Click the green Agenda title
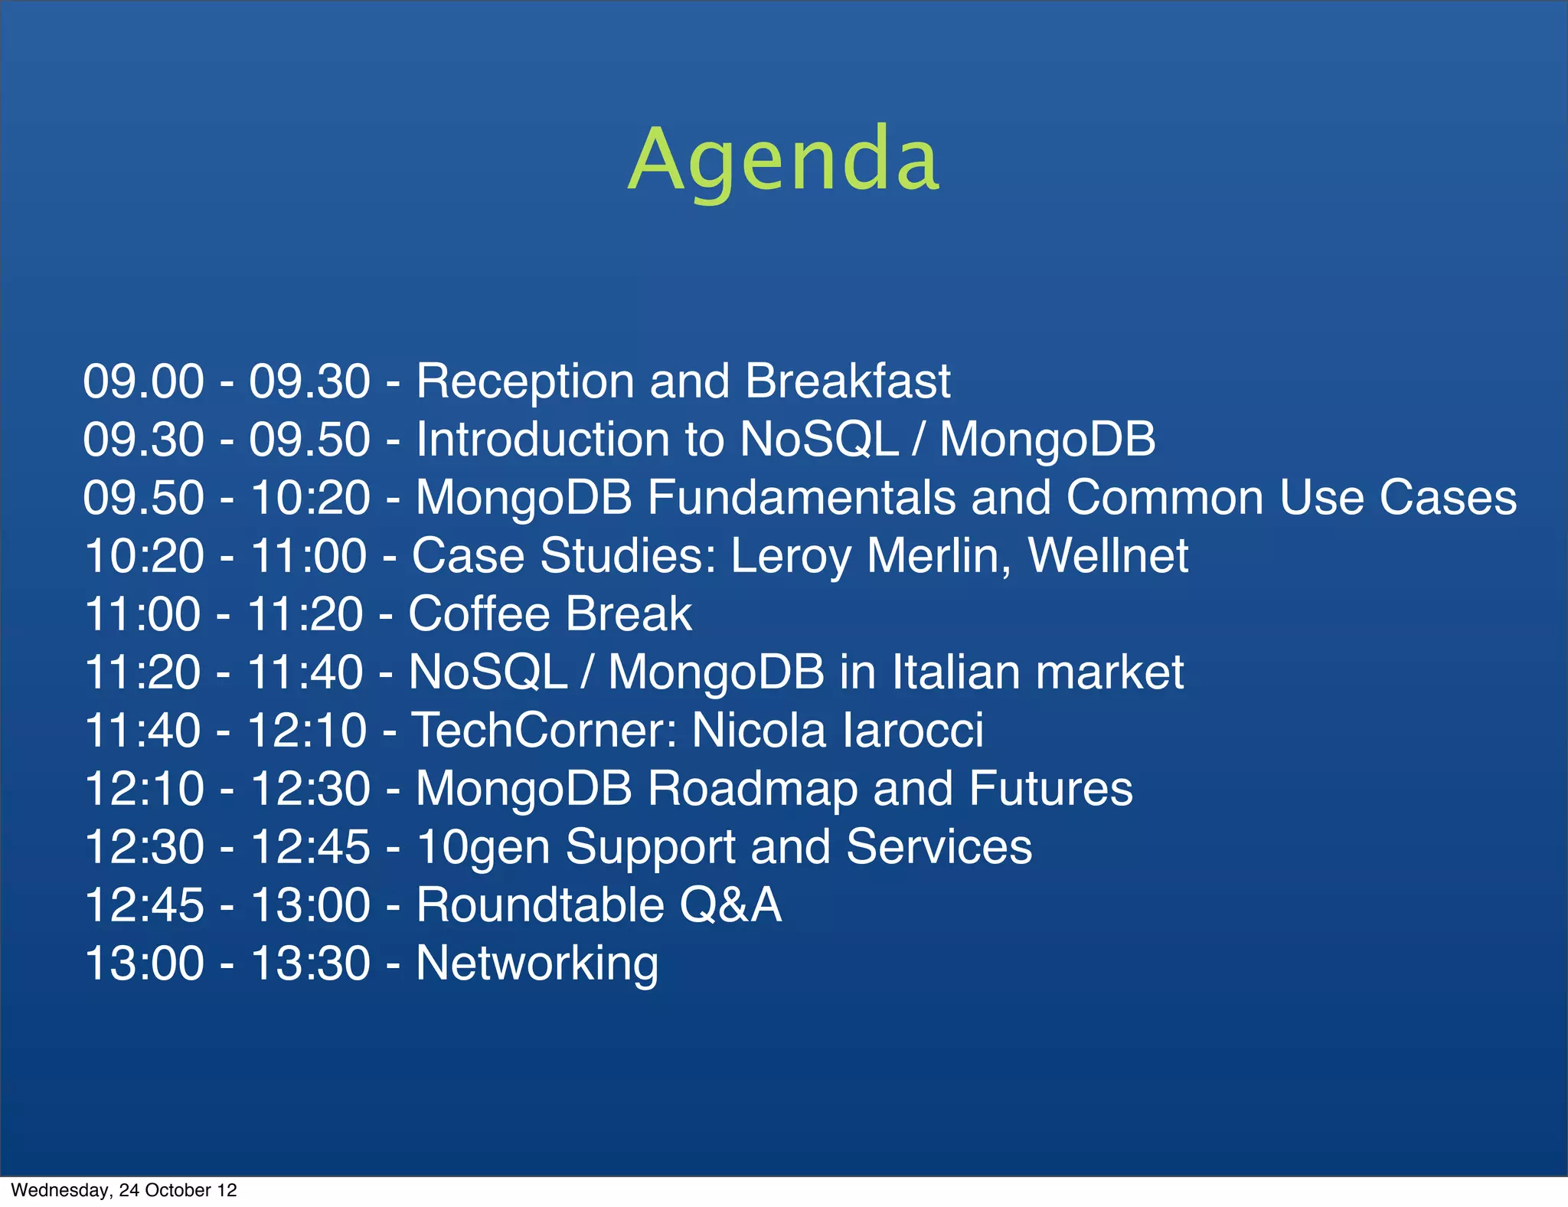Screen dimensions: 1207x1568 (783, 159)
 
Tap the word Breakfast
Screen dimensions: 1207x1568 (848, 381)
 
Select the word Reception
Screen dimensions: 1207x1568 (525, 381)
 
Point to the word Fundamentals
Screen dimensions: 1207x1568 (802, 498)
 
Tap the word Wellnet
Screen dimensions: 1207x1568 (1108, 556)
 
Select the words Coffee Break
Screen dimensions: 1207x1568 (550, 614)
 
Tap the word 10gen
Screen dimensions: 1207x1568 (483, 847)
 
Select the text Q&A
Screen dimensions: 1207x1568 (730, 905)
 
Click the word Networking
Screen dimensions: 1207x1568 (537, 963)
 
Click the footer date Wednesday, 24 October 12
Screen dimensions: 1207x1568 (124, 1190)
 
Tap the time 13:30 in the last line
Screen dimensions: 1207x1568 (310, 963)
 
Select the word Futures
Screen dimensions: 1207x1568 (1050, 789)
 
